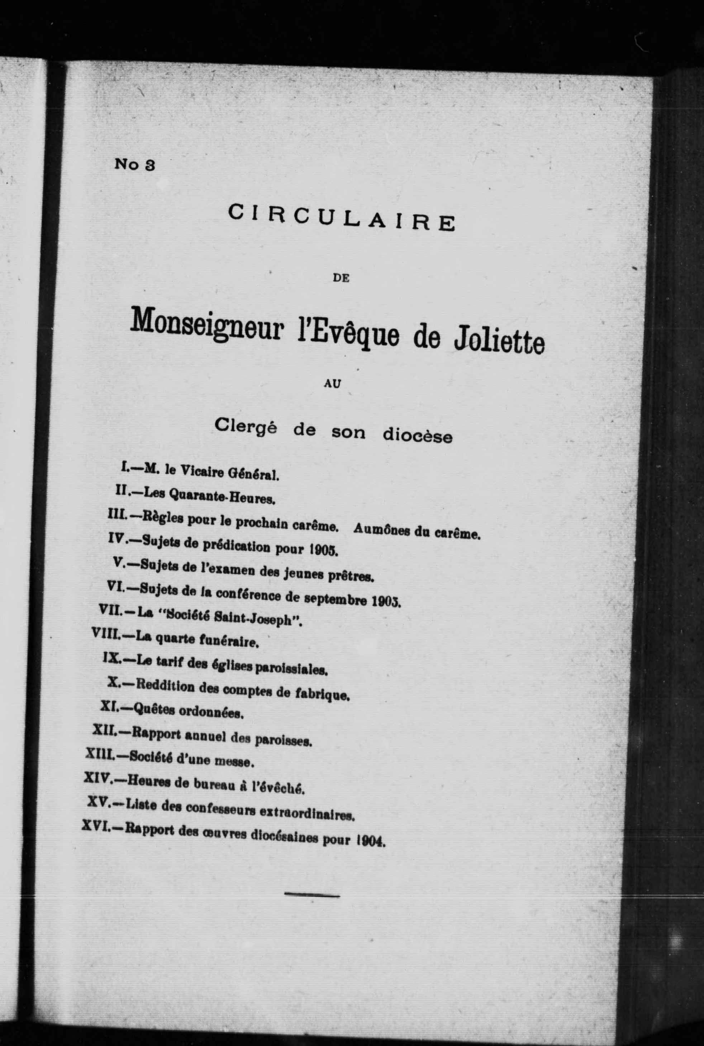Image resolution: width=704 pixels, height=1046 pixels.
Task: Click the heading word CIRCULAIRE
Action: point(341,217)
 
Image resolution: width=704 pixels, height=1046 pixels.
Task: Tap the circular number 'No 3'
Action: point(135,165)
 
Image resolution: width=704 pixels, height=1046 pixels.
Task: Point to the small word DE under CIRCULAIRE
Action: point(341,278)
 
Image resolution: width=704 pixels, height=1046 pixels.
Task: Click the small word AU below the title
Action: point(333,384)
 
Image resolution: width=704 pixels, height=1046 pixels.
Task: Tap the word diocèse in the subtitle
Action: point(417,435)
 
